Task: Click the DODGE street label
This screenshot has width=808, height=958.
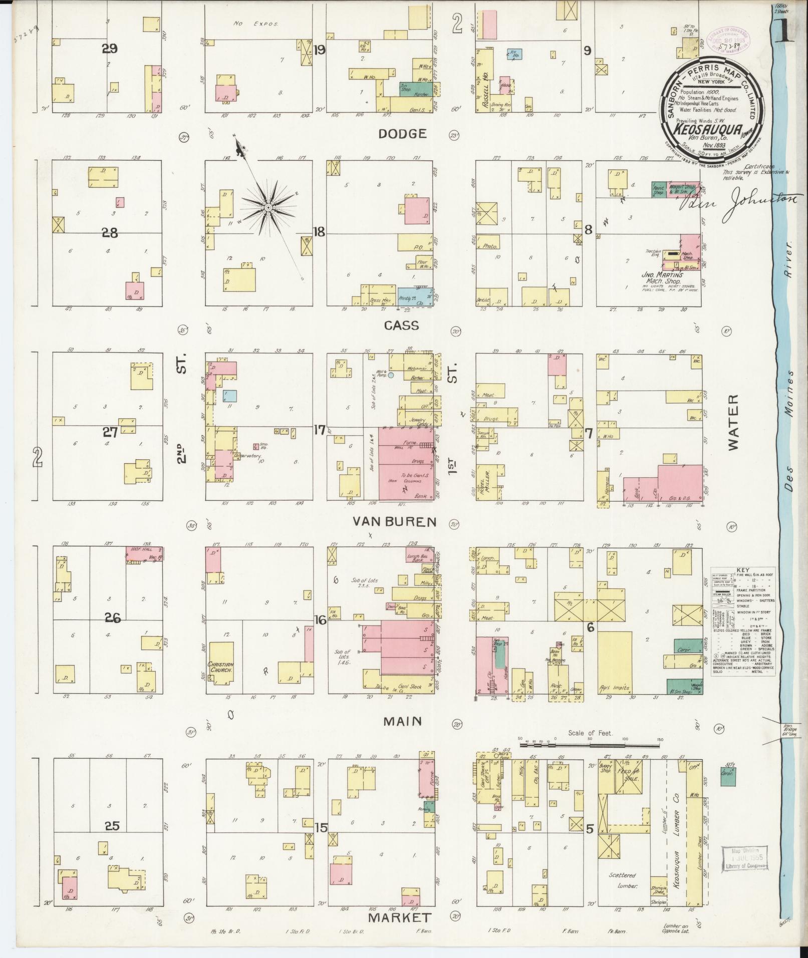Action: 402,134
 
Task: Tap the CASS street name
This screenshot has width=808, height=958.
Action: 401,326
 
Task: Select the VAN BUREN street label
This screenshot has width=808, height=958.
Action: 394,522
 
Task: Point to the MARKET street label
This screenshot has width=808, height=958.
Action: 399,918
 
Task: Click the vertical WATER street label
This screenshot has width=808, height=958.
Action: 733,423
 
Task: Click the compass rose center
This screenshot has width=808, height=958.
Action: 268,207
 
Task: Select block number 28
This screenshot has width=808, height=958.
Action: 110,233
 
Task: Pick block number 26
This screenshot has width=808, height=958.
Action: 113,618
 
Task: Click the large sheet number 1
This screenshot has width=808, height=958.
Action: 786,34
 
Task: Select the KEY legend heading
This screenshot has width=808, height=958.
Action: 743,570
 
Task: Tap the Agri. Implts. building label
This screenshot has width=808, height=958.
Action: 614,688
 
